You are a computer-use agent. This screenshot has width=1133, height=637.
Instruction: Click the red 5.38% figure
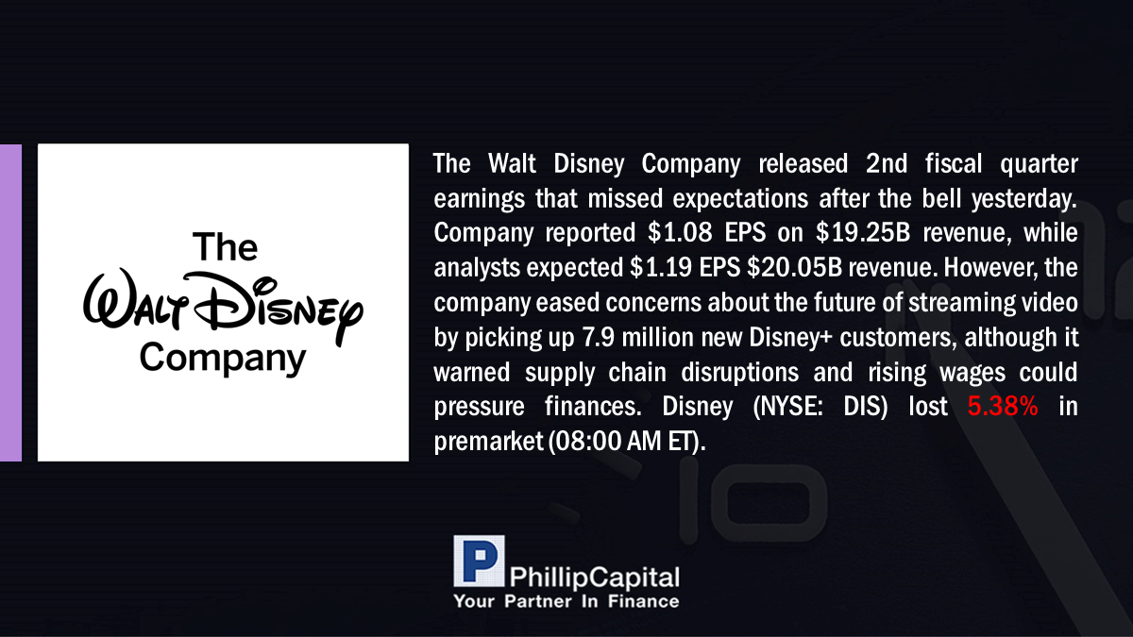(x=1003, y=407)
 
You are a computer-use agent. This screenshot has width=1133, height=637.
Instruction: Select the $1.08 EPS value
(x=680, y=232)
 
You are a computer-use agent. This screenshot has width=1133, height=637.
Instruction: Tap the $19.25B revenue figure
(x=863, y=232)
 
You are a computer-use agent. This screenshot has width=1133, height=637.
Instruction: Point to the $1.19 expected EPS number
(x=661, y=267)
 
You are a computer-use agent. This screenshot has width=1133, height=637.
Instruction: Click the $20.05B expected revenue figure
(x=794, y=267)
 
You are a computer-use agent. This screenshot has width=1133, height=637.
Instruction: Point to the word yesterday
(x=1024, y=199)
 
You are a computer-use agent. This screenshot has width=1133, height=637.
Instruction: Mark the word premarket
(x=488, y=442)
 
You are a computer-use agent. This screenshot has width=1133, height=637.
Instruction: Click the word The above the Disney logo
(x=225, y=246)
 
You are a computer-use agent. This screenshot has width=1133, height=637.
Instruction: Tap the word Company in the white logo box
(x=223, y=358)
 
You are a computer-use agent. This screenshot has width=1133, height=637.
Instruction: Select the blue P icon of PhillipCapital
(x=479, y=561)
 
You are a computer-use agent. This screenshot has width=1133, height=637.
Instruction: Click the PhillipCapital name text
(x=594, y=578)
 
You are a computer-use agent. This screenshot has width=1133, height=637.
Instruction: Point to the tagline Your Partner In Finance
(x=566, y=601)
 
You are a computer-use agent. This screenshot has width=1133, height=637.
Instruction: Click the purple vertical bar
(x=10, y=302)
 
